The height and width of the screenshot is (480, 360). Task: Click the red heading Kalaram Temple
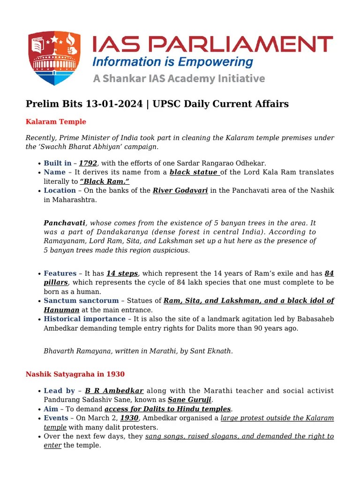click(x=56, y=122)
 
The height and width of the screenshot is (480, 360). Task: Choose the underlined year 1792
click(x=88, y=163)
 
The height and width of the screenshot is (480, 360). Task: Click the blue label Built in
click(x=58, y=163)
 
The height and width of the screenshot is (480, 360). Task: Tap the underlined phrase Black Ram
click(x=105, y=181)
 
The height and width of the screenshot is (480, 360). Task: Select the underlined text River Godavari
click(x=180, y=190)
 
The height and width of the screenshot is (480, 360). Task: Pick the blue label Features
click(x=60, y=273)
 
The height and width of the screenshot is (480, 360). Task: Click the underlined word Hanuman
click(x=61, y=310)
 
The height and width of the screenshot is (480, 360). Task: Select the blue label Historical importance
click(x=84, y=319)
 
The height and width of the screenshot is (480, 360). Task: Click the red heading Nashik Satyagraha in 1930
click(x=75, y=374)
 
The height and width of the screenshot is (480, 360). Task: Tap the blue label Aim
click(x=51, y=409)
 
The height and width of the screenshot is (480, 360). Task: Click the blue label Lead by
click(x=59, y=390)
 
